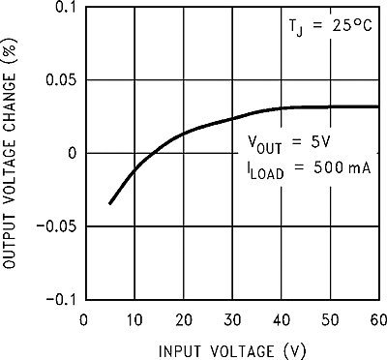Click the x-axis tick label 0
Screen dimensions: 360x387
(84, 319)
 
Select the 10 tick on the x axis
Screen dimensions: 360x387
(133, 319)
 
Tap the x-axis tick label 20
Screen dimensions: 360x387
(182, 319)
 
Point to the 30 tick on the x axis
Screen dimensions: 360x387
(231, 319)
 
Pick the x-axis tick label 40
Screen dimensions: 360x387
(281, 319)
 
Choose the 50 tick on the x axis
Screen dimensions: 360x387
(330, 319)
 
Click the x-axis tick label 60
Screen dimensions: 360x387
(376, 319)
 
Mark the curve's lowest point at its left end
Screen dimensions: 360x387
(109, 203)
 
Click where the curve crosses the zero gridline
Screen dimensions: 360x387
(153, 153)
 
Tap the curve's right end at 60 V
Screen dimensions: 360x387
(378, 106)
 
